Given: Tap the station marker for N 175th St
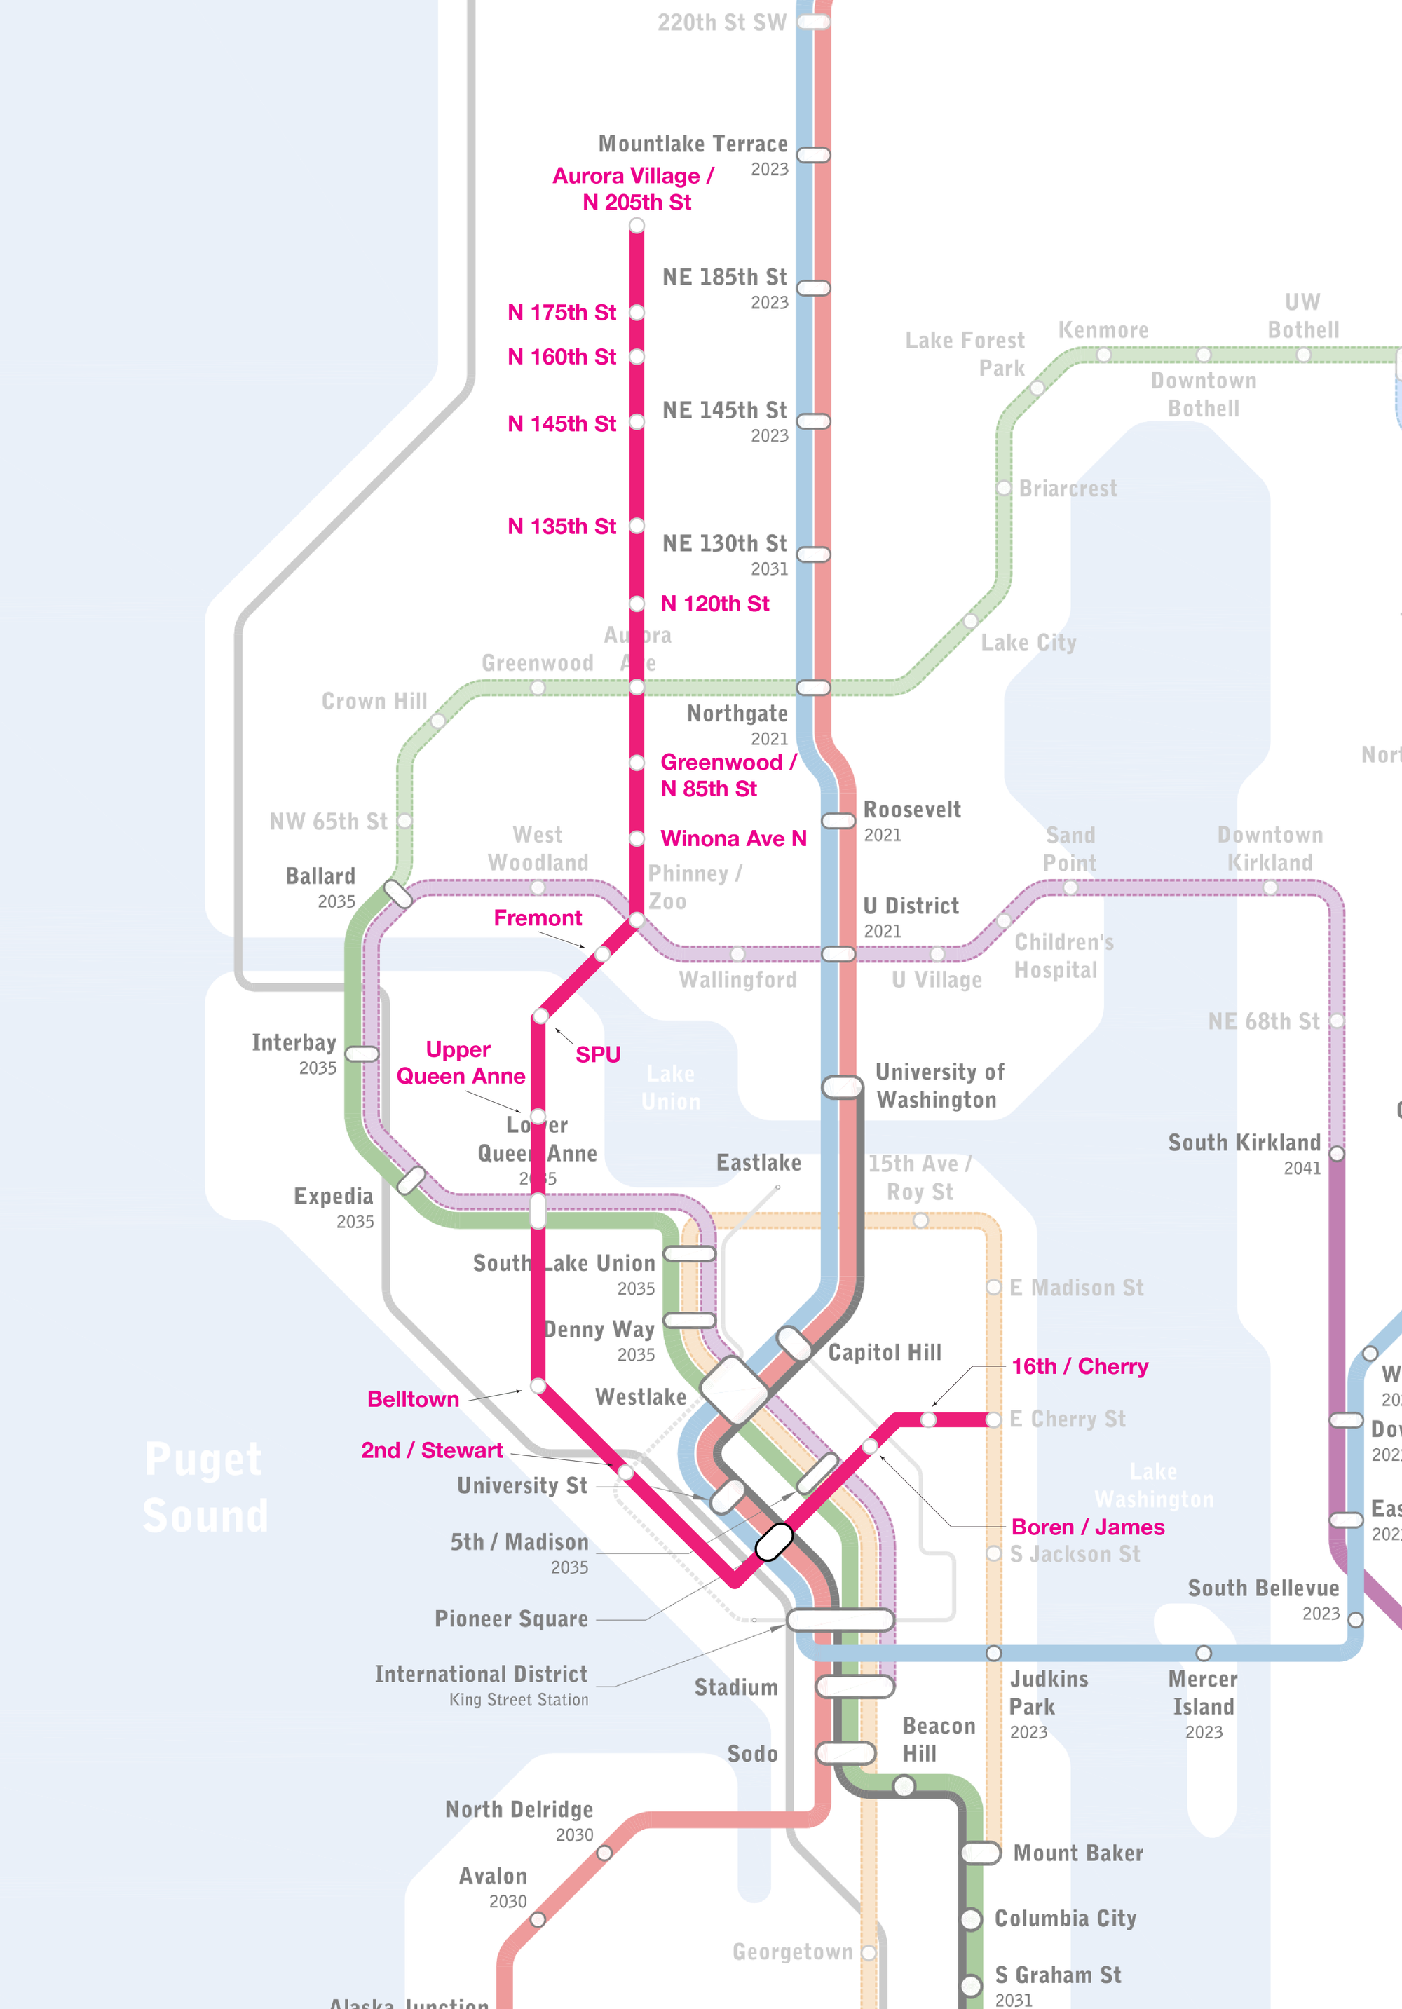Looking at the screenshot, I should click(x=637, y=313).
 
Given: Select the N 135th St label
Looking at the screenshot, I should click(x=562, y=526).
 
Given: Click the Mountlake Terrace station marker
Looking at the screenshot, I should click(x=813, y=155).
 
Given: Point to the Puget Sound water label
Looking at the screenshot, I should click(x=205, y=1487).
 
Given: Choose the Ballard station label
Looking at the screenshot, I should click(x=320, y=876).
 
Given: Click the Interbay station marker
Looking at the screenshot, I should click(x=362, y=1054).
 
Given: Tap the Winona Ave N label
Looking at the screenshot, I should click(x=733, y=838).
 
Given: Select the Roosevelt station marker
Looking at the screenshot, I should click(x=838, y=821).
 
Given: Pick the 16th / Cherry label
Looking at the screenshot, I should click(x=1079, y=1366).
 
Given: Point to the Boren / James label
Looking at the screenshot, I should click(x=1087, y=1527).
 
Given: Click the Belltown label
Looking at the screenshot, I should click(x=413, y=1399).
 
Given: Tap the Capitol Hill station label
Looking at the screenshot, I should click(x=884, y=1352).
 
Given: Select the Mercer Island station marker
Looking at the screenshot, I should click(x=1204, y=1653).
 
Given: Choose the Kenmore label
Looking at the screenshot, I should click(x=1103, y=330).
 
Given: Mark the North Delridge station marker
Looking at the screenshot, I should click(x=604, y=1853).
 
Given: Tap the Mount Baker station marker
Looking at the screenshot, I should click(x=980, y=1853).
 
